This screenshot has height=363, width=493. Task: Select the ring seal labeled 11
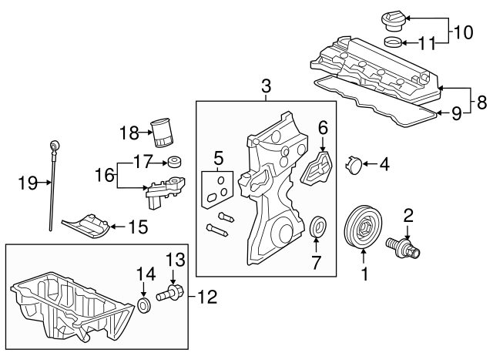391,42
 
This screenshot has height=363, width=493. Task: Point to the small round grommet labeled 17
174,163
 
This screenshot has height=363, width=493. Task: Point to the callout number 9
456,113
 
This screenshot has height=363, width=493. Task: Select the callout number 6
324,127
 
